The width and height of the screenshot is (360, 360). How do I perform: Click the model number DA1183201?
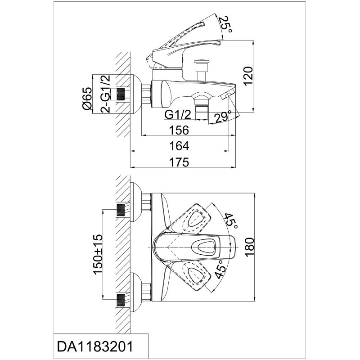click(95, 346)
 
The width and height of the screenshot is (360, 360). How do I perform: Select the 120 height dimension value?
click(248, 76)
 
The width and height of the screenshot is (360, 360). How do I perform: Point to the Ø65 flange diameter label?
click(87, 98)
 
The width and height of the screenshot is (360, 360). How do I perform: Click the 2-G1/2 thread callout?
click(106, 94)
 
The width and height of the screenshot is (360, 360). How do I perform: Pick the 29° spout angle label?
click(222, 117)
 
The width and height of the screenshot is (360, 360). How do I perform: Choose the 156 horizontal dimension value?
click(179, 130)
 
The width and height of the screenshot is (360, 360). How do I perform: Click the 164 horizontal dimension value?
click(179, 146)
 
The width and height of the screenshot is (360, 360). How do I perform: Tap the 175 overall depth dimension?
click(179, 162)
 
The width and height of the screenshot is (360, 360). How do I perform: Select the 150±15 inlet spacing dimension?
click(98, 254)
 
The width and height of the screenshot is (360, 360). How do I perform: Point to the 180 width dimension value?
click(249, 247)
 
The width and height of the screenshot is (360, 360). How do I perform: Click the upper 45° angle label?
click(230, 221)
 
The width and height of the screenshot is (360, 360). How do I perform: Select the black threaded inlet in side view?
click(121, 94)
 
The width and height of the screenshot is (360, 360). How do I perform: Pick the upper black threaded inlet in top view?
click(121, 210)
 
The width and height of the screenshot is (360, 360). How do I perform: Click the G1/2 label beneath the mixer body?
click(178, 115)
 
